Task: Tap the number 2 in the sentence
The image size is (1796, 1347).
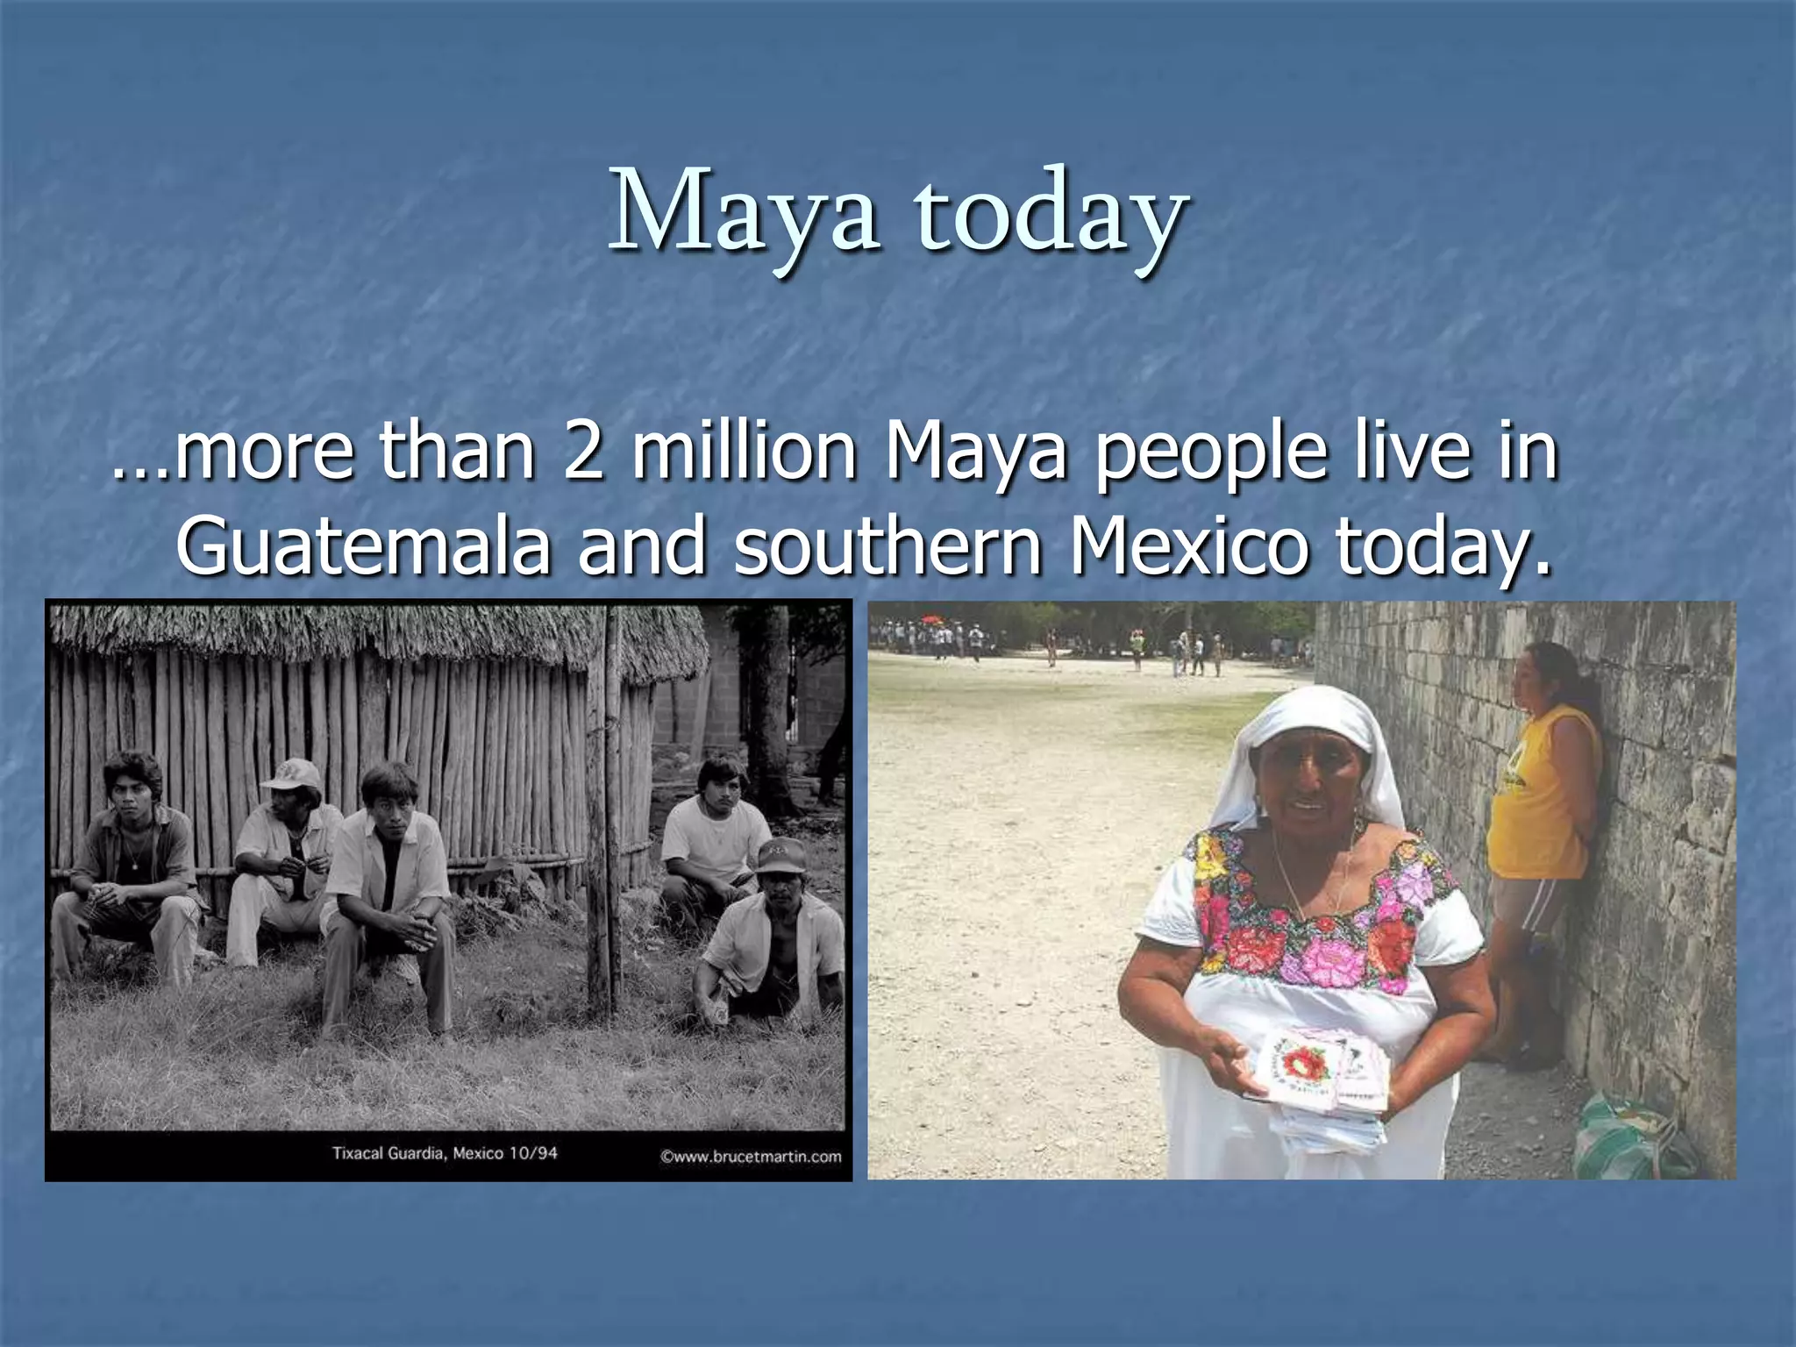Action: point(583,452)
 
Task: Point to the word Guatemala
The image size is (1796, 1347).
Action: point(364,545)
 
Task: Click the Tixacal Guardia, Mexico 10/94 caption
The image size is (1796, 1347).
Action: point(445,1152)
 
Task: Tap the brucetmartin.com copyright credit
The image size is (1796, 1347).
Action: point(751,1156)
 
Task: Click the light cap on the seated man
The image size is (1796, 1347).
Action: point(294,773)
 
